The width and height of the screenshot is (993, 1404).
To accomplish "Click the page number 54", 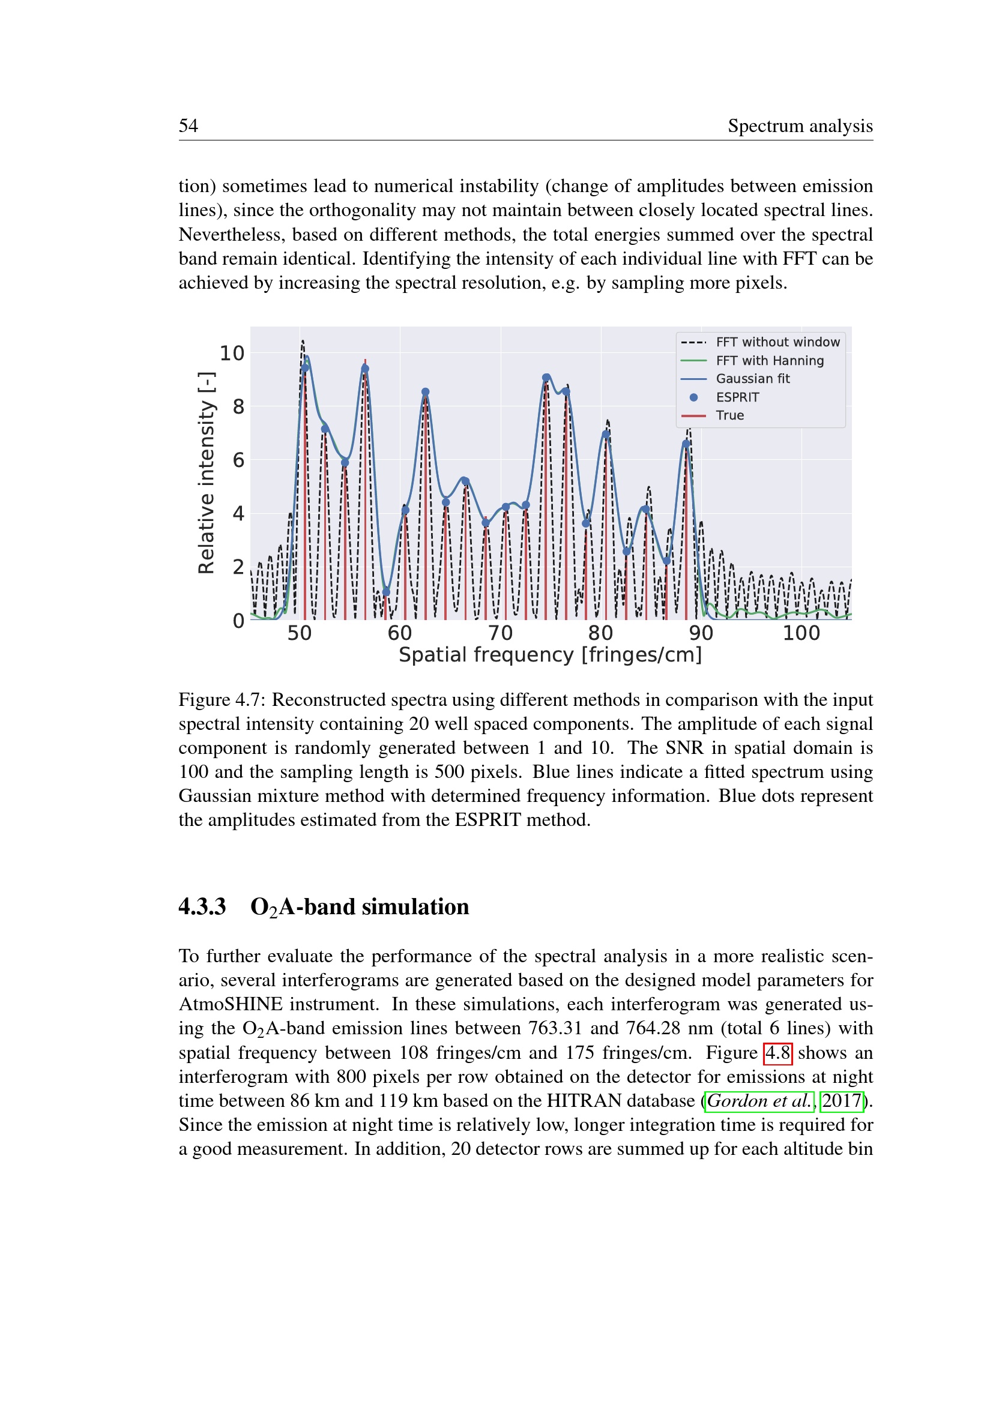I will tap(189, 126).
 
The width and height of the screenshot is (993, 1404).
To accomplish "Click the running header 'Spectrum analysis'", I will tap(800, 126).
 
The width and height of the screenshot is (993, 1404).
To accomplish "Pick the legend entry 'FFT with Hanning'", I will tap(770, 361).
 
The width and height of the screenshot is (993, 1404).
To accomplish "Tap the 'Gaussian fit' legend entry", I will tap(753, 379).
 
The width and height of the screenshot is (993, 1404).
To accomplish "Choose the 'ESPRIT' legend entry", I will tap(737, 397).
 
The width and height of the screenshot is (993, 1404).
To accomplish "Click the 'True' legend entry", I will tap(730, 416).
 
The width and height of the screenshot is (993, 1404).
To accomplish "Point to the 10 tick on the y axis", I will tap(232, 354).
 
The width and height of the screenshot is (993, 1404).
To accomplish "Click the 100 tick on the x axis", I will tap(801, 633).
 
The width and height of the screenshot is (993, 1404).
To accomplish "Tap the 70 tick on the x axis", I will tap(500, 633).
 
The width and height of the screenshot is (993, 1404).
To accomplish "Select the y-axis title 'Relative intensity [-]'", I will tap(207, 472).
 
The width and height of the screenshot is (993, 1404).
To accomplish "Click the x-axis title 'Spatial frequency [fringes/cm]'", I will tap(551, 655).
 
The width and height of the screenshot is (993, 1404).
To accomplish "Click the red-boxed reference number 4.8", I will tap(777, 1053).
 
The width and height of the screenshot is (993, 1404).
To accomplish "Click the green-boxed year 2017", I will tap(841, 1101).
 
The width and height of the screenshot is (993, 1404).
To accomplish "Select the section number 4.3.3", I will tap(202, 907).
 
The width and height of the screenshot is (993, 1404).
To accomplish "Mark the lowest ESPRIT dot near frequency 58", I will tap(386, 592).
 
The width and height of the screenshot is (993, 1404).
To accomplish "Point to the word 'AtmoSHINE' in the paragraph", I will tap(231, 1005).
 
